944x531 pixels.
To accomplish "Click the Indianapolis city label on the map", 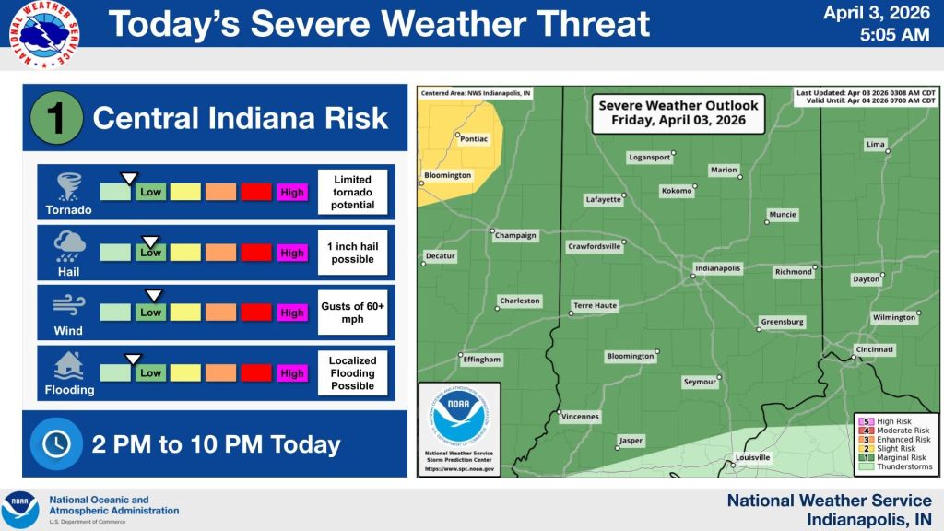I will [x=718, y=268].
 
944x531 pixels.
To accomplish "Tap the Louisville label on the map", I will [x=752, y=457].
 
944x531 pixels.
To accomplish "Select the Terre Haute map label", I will [x=595, y=305].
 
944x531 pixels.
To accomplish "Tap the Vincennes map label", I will [x=579, y=417].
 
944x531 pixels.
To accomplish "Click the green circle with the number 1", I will [x=54, y=119].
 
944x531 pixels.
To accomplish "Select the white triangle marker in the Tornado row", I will [x=130, y=178].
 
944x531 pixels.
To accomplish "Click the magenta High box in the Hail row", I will [x=292, y=253].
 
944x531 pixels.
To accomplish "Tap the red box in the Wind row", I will [x=256, y=313].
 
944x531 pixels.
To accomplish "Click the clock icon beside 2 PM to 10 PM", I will [x=56, y=443].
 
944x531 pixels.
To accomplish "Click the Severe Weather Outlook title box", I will [x=678, y=113].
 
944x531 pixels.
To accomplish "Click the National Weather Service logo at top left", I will [x=44, y=35].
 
